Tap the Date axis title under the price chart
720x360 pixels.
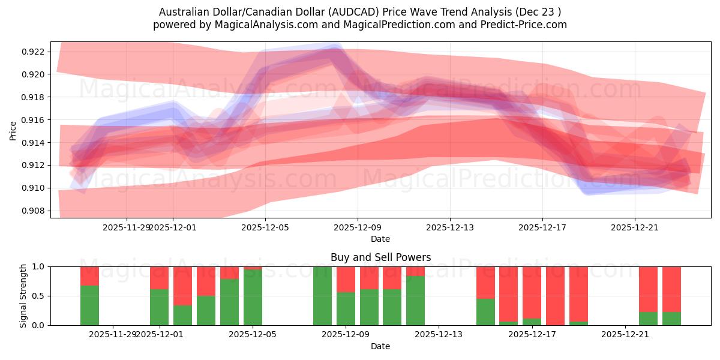click(x=380, y=239)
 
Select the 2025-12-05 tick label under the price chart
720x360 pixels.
click(x=265, y=227)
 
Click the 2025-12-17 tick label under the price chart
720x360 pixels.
click(x=542, y=227)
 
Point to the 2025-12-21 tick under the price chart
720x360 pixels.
click(x=635, y=227)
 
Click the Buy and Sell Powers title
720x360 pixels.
click(x=380, y=257)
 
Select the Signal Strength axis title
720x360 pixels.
click(x=23, y=296)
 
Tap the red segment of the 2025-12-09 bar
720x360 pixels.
click(x=346, y=279)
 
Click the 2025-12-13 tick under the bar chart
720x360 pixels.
click(x=439, y=334)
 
